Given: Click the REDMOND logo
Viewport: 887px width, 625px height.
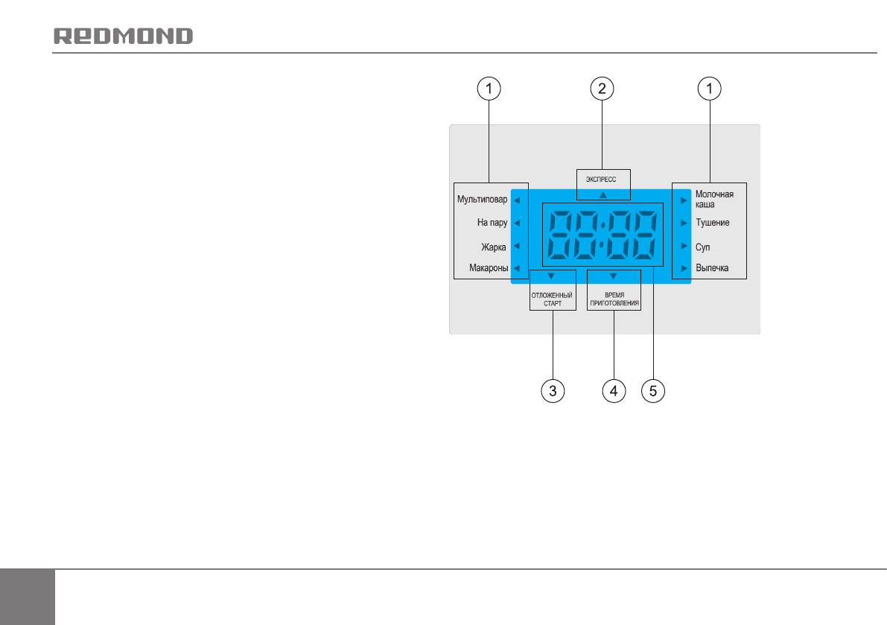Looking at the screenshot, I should click(124, 36).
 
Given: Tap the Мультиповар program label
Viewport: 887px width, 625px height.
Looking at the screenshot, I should click(482, 200).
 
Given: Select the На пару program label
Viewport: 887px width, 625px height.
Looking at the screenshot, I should click(492, 222).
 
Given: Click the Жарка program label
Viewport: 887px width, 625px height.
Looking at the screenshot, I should click(494, 246).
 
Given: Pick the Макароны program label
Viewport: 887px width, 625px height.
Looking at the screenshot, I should click(489, 268).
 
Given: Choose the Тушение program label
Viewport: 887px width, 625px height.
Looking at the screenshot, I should click(713, 222).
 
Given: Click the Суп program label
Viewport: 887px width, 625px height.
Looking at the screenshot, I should click(703, 246).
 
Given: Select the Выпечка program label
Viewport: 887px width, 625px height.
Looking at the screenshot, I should click(712, 268).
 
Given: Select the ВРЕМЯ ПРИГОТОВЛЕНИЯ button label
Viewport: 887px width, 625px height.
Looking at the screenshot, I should click(614, 300).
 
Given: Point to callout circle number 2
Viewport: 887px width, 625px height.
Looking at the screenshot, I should click(602, 89).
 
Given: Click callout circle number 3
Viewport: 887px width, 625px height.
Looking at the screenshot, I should click(552, 391).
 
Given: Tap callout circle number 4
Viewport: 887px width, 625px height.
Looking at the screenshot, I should click(614, 391).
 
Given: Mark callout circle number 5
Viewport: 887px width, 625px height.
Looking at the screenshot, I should click(653, 391).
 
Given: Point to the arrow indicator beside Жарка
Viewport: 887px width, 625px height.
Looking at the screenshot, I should click(516, 245).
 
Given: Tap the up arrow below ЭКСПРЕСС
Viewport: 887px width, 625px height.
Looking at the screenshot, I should click(603, 194).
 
